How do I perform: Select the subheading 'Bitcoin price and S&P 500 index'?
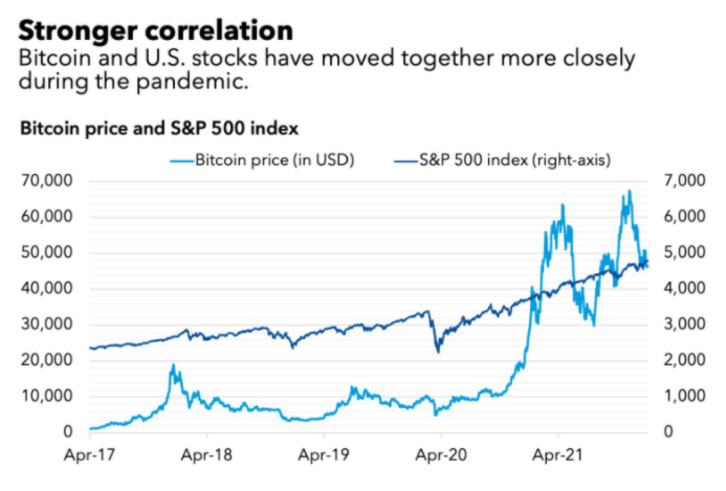pyautogui.click(x=159, y=128)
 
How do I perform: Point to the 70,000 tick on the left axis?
pyautogui.click(x=47, y=181)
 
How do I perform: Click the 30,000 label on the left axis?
pyautogui.click(x=47, y=325)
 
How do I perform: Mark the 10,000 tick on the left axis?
pyautogui.click(x=47, y=396)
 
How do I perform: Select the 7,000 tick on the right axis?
pyautogui.click(x=683, y=181)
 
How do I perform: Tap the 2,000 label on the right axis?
pyautogui.click(x=683, y=361)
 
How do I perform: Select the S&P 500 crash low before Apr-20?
pyautogui.click(x=438, y=351)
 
